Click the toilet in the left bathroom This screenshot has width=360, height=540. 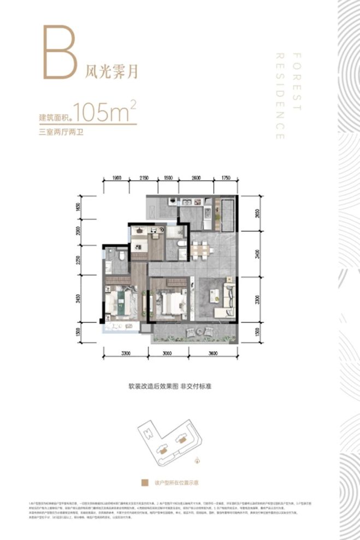click(x=122, y=255)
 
